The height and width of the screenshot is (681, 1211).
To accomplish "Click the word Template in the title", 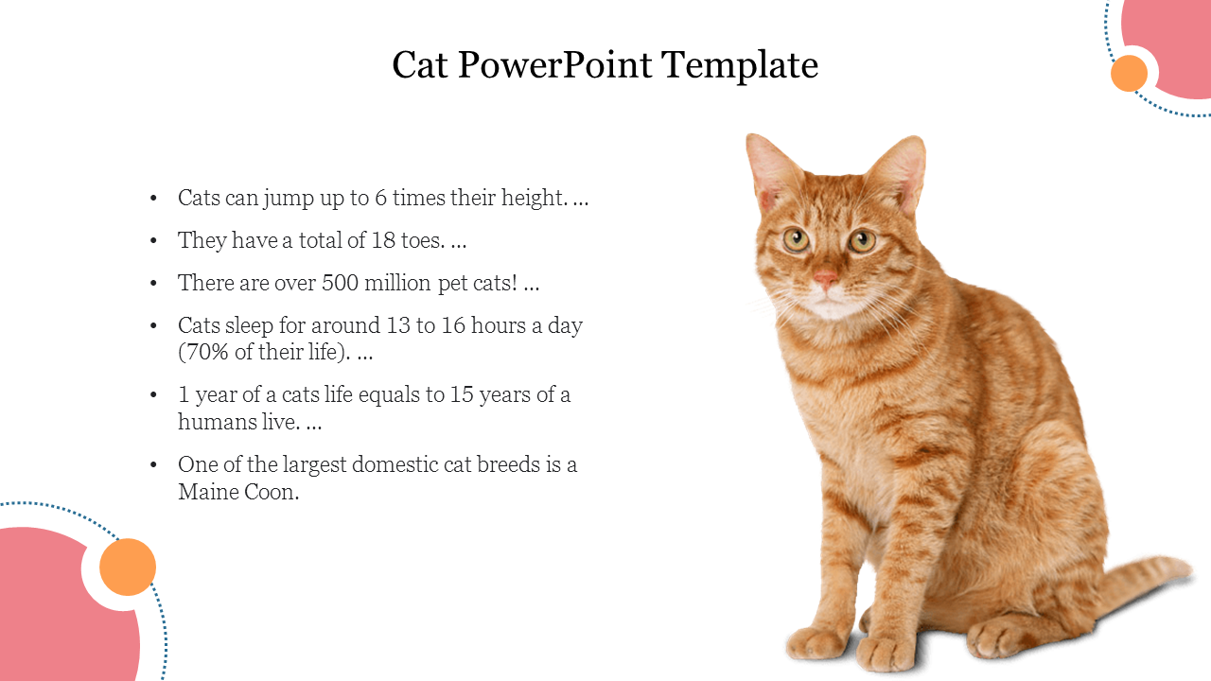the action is tap(740, 65).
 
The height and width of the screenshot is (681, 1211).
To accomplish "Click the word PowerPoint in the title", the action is tap(554, 65).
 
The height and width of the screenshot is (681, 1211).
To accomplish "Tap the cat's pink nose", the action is tap(825, 278).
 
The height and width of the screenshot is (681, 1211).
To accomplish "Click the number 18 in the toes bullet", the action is tap(383, 240).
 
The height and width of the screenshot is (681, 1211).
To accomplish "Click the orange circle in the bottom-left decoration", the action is tap(128, 567).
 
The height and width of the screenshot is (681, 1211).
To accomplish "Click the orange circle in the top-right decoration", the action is tap(1129, 73).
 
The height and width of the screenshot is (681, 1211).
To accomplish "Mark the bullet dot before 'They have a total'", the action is tap(153, 240).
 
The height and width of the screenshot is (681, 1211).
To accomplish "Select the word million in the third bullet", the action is tap(397, 283).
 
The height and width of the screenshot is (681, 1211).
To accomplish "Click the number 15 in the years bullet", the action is tap(462, 394).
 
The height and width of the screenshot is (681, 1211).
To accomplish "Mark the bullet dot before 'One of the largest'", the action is tap(153, 464).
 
